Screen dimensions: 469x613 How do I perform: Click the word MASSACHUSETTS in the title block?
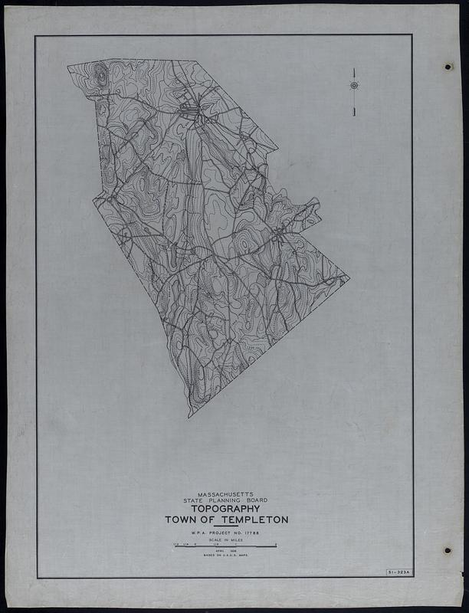226,495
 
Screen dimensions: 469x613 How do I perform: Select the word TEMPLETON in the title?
253,520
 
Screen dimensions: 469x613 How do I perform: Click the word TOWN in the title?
179,520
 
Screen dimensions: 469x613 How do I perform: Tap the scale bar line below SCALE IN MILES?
226,546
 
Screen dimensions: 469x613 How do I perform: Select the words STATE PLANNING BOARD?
226,501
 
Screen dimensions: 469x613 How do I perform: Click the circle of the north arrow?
354,85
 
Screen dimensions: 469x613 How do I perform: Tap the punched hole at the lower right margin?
447,550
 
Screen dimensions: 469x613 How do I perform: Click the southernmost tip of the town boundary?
189,417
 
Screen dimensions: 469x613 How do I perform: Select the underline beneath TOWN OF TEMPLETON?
226,526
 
